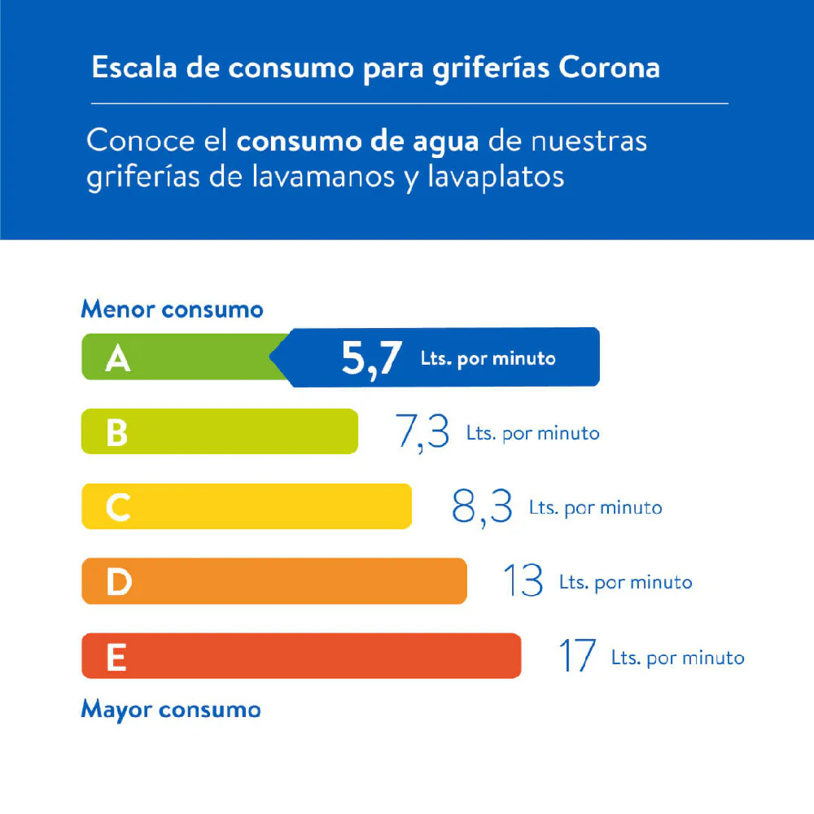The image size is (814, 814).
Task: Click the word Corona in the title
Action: click(610, 68)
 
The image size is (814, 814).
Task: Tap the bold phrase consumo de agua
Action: click(358, 141)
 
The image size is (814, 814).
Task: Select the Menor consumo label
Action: click(172, 309)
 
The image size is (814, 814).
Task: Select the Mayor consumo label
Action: click(171, 709)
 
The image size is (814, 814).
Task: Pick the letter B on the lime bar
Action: click(117, 433)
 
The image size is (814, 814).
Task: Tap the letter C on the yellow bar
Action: click(117, 508)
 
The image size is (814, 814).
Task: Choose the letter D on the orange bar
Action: click(118, 582)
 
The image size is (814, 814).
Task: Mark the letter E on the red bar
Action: click(116, 657)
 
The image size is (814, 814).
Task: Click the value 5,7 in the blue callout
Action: click(371, 359)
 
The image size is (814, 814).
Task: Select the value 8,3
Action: click(482, 506)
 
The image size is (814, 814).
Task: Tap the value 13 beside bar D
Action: click(523, 581)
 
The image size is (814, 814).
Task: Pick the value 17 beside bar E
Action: click(577, 656)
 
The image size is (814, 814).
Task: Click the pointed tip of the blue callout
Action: click(272, 357)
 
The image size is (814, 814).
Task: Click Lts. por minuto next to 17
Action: click(677, 657)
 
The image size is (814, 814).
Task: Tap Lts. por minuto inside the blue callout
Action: click(488, 358)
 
